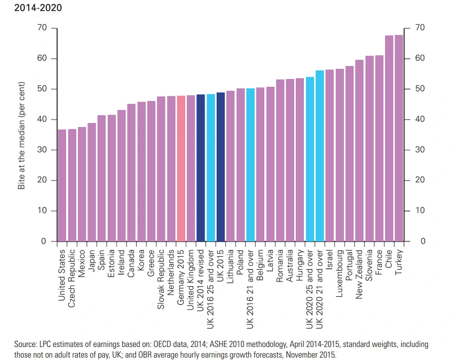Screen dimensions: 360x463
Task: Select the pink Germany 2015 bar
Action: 181,169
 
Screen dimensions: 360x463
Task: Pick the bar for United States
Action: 62,186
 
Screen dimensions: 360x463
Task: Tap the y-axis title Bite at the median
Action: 22,135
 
